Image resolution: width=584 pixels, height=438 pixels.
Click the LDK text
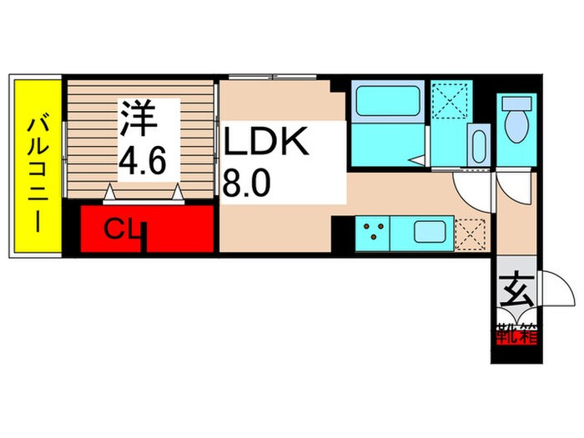pyautogui.click(x=265, y=143)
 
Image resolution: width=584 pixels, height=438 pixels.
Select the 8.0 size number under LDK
pyautogui.click(x=246, y=181)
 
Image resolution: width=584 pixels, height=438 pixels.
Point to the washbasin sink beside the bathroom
pyautogui.click(x=478, y=146)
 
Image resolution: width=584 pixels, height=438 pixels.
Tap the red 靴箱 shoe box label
pyautogui.click(x=516, y=337)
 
